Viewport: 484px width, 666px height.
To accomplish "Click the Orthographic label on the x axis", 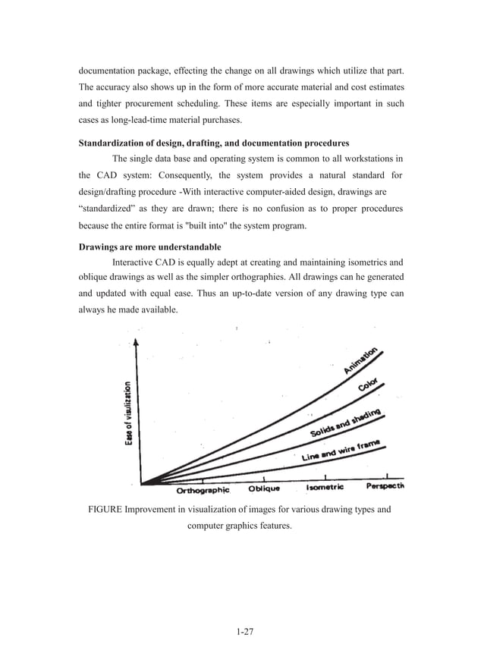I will [203, 490].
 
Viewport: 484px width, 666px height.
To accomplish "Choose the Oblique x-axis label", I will [265, 489].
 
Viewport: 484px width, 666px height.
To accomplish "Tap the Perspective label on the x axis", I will [385, 485].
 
